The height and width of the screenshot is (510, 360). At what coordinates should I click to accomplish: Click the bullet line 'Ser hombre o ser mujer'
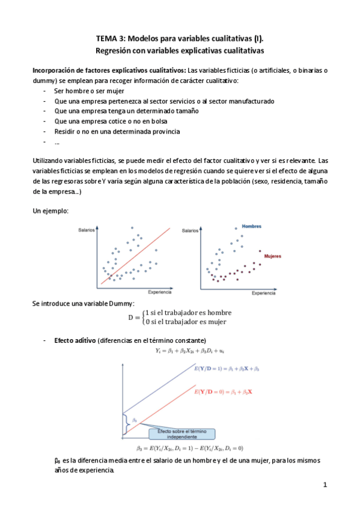coord(84,91)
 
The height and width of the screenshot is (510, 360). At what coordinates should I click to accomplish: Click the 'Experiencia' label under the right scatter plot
coord(263,293)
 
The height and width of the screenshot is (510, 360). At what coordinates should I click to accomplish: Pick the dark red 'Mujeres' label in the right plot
coord(273,256)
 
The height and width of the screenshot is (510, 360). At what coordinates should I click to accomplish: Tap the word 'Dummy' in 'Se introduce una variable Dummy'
coord(122,303)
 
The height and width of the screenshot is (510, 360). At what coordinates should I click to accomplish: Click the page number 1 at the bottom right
coord(324,485)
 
